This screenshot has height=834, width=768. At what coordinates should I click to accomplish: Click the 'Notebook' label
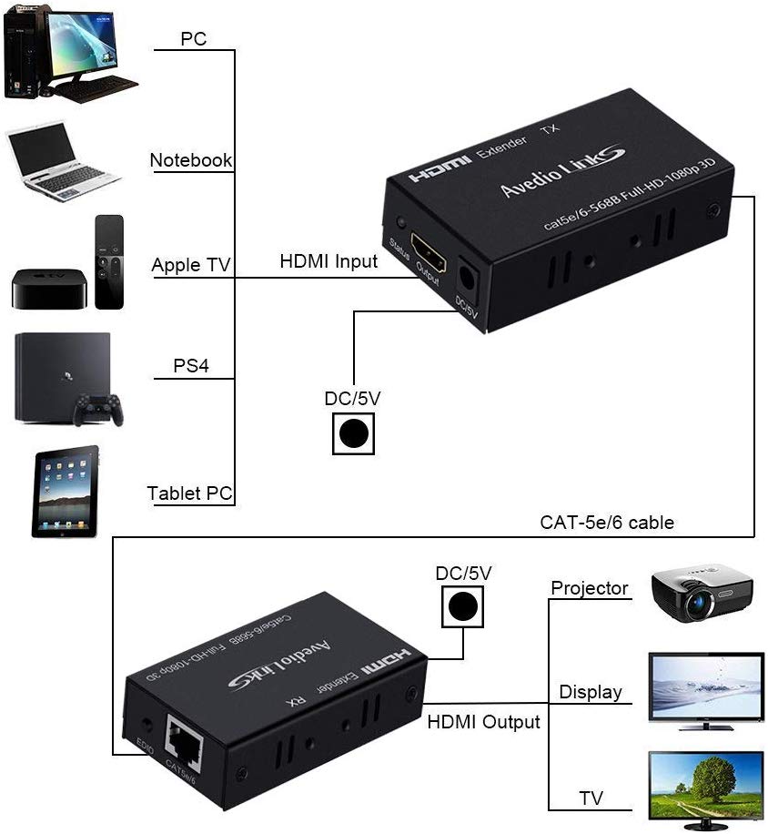pos(191,160)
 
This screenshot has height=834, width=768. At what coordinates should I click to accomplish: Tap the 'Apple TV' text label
pos(191,265)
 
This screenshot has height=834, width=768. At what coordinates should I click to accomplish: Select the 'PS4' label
pos(191,366)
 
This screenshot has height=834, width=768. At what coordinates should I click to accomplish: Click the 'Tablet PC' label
pos(190,493)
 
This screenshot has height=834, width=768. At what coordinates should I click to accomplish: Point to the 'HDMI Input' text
pos(328,261)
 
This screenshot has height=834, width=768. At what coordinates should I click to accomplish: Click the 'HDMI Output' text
pos(484,721)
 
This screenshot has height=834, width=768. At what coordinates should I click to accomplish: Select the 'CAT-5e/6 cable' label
pos(607,522)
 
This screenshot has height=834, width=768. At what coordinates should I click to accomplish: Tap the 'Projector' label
pos(590,588)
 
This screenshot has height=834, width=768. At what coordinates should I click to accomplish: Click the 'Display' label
pos(591,692)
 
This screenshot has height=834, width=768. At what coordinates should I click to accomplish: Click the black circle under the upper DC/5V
pos(353,433)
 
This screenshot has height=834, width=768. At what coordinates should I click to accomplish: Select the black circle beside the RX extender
pos(463,605)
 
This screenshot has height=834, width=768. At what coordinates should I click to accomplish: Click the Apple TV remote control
pos(109,261)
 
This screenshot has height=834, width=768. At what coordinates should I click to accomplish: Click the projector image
pos(702,593)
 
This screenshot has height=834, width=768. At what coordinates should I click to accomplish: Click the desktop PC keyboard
pos(95,88)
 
